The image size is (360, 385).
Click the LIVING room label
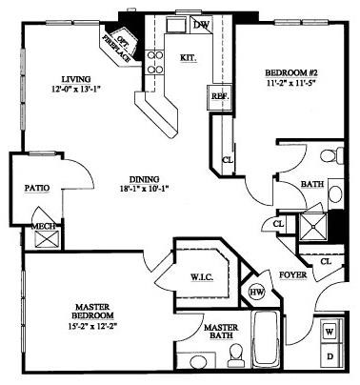pyautogui.click(x=74, y=78)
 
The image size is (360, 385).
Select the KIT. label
pyautogui.click(x=188, y=57)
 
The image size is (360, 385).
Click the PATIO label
pyautogui.click(x=37, y=189)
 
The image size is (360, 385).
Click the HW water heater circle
pyautogui.click(x=256, y=292)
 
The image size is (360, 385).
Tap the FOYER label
pyautogui.click(x=292, y=277)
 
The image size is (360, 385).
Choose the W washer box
pyautogui.click(x=329, y=332)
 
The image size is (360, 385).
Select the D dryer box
pyautogui.click(x=329, y=356)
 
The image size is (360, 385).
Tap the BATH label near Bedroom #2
pyautogui.click(x=311, y=184)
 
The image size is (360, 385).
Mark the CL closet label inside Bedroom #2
pyautogui.click(x=228, y=160)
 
